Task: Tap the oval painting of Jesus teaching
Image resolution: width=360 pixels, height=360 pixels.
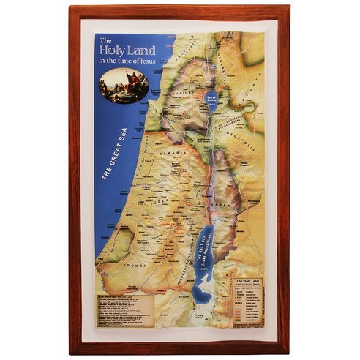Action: (x=124, y=85)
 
